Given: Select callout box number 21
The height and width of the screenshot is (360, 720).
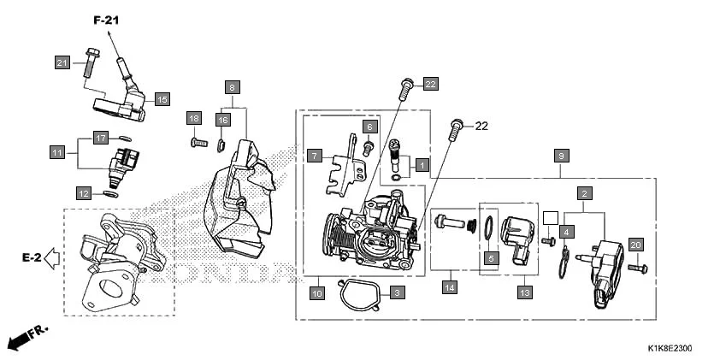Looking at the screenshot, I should point(62,62).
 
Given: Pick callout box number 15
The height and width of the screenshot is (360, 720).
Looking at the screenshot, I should point(162,99).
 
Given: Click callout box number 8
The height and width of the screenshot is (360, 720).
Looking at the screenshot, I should point(232,87).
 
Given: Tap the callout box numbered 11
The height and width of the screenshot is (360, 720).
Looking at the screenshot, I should point(57,152).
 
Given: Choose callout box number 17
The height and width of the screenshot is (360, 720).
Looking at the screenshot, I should point(100,138).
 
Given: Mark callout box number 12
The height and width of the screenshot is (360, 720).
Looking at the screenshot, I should point(83,192).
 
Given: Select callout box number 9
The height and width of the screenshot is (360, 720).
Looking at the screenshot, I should point(561,156).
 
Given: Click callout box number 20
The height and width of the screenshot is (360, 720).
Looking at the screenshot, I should point(635,245).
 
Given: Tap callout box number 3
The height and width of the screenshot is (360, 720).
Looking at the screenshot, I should point(396,292).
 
